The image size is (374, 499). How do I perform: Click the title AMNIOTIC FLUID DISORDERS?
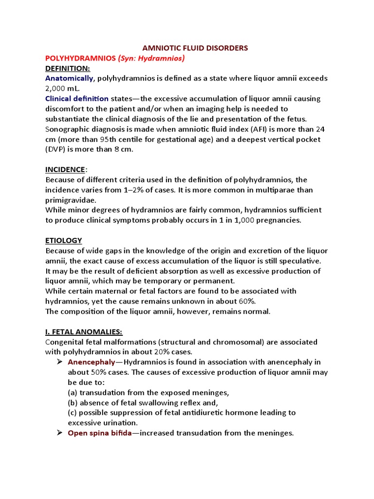[195, 48]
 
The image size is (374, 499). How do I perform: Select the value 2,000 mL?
[62, 89]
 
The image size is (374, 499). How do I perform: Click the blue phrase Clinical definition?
[77, 99]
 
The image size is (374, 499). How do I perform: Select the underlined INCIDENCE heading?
[65, 170]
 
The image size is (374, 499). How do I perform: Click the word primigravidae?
[71, 200]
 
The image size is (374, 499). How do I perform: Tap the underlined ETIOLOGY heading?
[63, 241]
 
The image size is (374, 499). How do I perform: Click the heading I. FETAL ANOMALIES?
[83, 332]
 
